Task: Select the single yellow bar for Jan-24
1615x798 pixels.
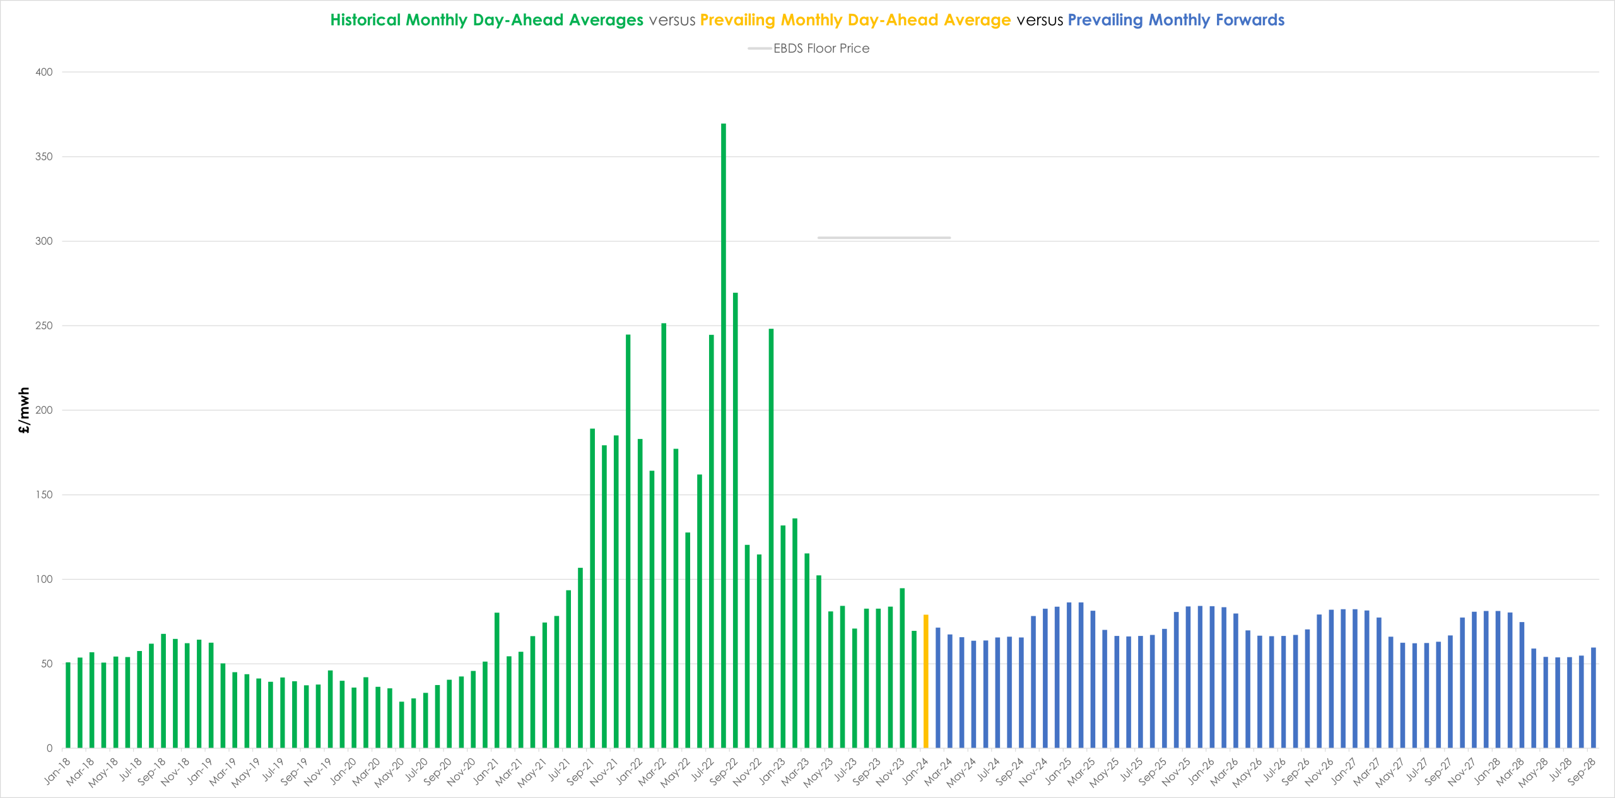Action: point(926,681)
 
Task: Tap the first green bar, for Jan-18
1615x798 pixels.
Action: point(68,705)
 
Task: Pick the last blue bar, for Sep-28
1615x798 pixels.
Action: point(1594,698)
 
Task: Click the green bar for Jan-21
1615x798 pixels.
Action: point(497,680)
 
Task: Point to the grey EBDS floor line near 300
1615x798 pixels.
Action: point(884,238)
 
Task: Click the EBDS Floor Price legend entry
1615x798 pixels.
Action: point(809,49)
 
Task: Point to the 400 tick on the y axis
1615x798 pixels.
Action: point(44,72)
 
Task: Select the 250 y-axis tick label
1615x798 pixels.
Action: point(44,326)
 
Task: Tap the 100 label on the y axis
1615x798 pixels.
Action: point(44,579)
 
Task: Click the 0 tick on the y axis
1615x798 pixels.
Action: point(49,748)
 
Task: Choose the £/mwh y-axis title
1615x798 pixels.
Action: point(24,410)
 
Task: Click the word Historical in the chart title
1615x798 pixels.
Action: point(365,20)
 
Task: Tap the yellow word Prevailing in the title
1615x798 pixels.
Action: point(737,20)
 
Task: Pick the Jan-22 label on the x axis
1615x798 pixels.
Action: point(630,770)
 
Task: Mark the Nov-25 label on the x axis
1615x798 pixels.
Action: point(1177,771)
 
